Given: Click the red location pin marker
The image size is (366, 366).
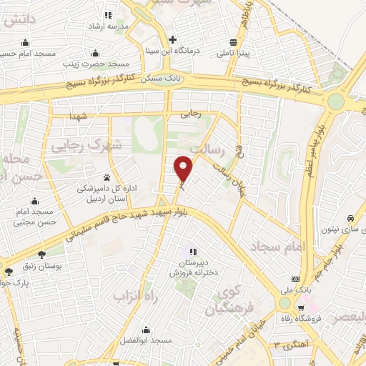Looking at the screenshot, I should point(184,168).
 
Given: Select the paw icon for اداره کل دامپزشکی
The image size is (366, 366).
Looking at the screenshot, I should point(107,177).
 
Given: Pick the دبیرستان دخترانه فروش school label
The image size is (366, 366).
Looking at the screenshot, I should point(192,267).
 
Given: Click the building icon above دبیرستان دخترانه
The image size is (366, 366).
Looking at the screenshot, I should point(192,251).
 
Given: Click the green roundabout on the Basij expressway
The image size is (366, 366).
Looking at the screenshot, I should point(335,102).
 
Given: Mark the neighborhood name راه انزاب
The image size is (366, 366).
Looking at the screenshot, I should point(135,295).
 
